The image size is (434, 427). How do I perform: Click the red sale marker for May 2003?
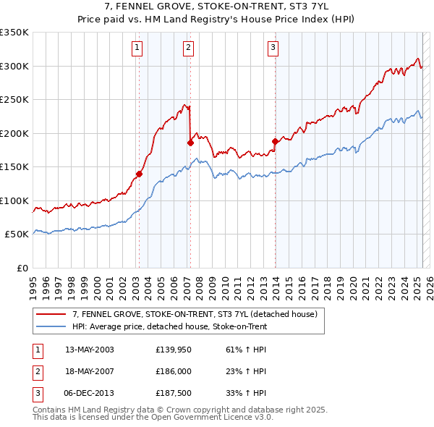[x=139, y=174]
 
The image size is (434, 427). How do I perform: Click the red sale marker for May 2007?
[x=190, y=143]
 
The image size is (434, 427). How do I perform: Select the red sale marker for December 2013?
[x=275, y=141]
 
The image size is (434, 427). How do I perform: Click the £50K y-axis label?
[x=17, y=234]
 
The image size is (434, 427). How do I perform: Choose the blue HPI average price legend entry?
[x=169, y=327]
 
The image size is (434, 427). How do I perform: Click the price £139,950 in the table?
[x=172, y=350]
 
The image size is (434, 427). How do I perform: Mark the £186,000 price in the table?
[x=172, y=371]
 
